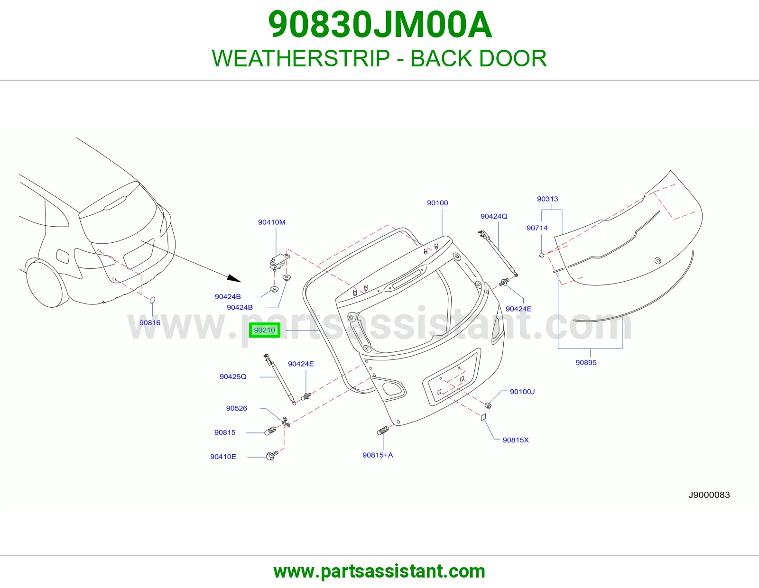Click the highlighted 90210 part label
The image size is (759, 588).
[x=264, y=331]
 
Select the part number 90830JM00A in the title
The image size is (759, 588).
[x=380, y=25]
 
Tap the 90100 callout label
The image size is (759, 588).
[x=437, y=203]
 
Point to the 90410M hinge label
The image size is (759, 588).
[x=271, y=222]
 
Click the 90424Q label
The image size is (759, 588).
[x=494, y=216]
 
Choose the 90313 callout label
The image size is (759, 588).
[x=547, y=199]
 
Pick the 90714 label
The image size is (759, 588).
[x=537, y=228]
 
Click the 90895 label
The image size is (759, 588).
[x=586, y=362]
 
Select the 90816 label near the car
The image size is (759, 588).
[x=150, y=322]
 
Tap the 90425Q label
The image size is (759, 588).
[x=233, y=377]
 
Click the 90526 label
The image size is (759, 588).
[x=236, y=408]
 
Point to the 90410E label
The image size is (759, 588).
[x=223, y=457]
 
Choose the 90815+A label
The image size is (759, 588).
[x=378, y=455]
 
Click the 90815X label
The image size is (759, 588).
[x=516, y=440]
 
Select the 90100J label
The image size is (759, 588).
[x=522, y=392]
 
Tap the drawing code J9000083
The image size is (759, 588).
[x=709, y=495]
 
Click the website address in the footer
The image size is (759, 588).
[x=379, y=571]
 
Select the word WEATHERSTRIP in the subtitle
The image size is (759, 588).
[x=301, y=58]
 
